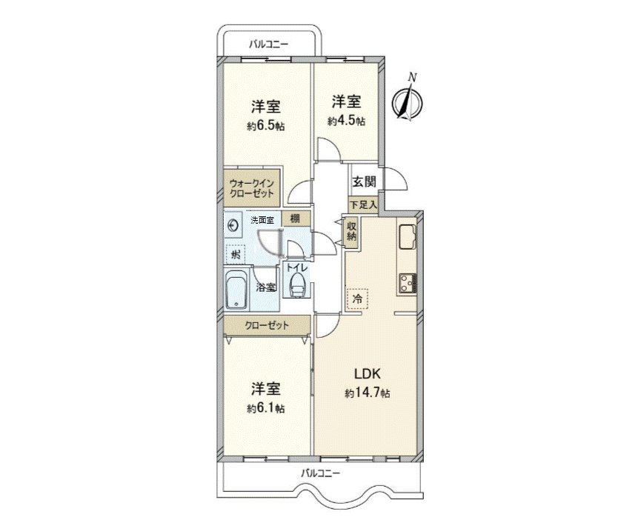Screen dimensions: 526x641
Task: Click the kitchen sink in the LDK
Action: point(408,237)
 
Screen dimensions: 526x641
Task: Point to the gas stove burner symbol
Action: point(408,282)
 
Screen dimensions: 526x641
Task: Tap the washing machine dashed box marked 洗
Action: point(234,254)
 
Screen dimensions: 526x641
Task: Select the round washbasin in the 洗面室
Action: point(235,225)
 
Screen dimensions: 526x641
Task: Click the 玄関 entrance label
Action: point(363,182)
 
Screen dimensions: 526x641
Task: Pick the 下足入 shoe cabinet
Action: point(363,203)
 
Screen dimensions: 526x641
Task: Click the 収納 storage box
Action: point(351,231)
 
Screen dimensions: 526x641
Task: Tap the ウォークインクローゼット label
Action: point(252,188)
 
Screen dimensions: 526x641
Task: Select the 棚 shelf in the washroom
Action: point(295,219)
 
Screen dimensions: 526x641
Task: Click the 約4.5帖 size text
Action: point(346,121)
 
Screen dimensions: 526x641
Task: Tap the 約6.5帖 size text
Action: point(265,126)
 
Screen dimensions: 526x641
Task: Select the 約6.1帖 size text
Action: point(265,408)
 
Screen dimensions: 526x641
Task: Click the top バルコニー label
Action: point(268,44)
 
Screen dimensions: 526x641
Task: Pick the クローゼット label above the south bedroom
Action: point(267,324)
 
